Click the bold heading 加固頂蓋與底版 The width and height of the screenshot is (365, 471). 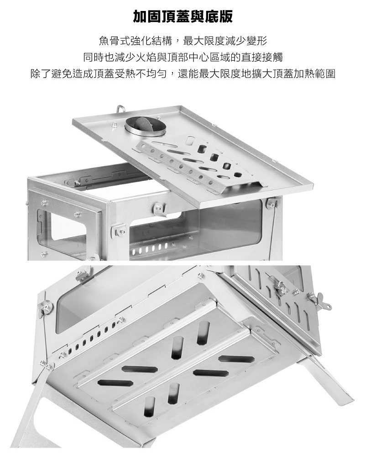182,17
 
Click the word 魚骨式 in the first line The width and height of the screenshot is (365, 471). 114,41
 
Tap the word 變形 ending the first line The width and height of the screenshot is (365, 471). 256,41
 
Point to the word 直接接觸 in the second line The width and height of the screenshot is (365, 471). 262,57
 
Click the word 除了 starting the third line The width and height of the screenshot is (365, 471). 41,73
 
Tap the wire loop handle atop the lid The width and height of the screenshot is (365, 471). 120,109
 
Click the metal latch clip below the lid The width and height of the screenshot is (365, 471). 159,209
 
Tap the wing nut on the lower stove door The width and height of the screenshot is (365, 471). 321,300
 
